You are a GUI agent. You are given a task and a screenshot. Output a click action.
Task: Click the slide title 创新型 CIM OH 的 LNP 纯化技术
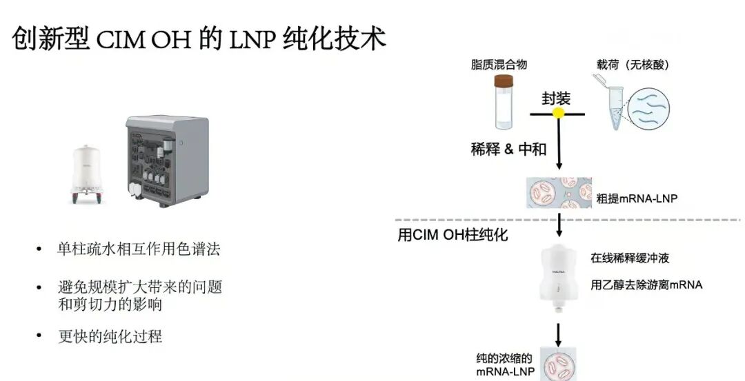pos(199,39)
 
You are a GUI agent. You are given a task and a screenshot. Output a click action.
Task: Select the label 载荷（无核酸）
pos(633,64)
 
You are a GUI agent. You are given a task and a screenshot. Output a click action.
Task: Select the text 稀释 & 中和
pos(508,149)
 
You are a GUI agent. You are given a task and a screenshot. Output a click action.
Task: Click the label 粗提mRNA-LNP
pos(637,198)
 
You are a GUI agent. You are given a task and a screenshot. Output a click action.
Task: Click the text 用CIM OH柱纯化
pos(453,234)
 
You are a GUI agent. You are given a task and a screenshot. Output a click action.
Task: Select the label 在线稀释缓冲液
pos(630,258)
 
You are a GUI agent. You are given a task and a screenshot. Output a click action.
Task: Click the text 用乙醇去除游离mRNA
pos(646,284)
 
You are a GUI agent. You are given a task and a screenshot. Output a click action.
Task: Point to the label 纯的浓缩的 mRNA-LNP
pos(504,364)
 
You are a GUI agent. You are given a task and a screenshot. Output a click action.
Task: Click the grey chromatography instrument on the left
pos(167,161)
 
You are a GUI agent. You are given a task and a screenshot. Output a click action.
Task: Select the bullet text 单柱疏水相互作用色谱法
pos(139,249)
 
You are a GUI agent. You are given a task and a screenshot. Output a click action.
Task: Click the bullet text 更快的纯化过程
pos(110,336)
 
